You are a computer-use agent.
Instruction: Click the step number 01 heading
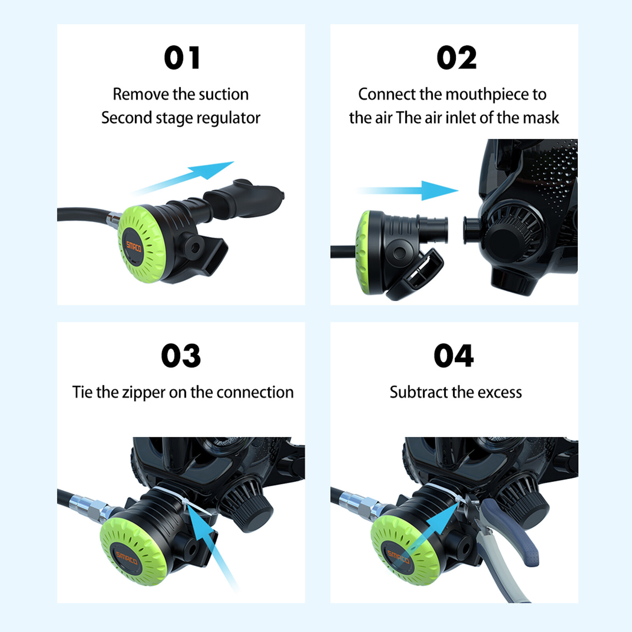click(x=182, y=58)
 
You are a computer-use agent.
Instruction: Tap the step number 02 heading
click(x=457, y=58)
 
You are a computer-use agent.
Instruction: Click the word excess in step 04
click(x=500, y=393)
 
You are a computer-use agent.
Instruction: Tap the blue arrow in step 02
click(x=408, y=190)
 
